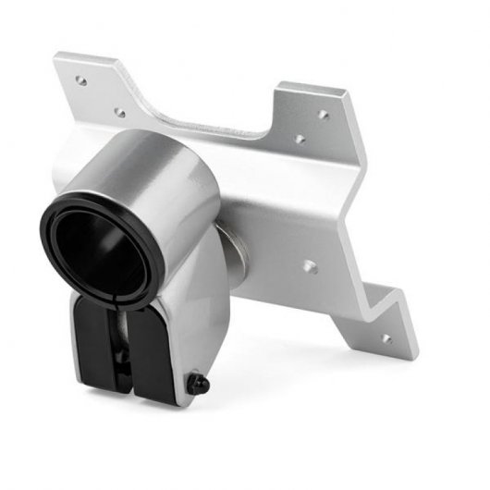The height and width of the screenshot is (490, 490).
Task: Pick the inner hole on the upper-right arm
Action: [x=300, y=141]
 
